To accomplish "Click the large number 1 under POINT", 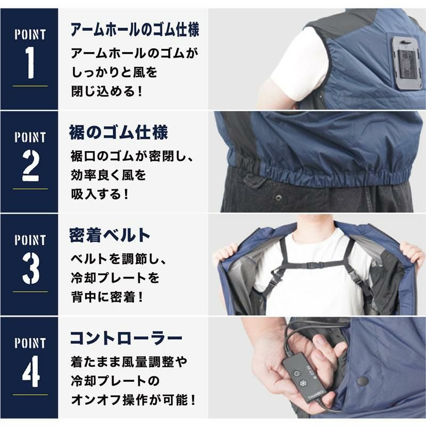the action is [30, 62].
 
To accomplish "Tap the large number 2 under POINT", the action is [30, 166].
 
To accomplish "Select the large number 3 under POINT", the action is [30, 268].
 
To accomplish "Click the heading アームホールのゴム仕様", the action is [135, 30].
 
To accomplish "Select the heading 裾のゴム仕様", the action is [118, 132].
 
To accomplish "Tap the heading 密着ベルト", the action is [110, 235].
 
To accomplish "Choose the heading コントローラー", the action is [126, 338].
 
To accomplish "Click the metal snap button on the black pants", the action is [278, 198].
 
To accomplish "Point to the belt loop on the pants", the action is [253, 181].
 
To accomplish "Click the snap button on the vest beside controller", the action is [363, 381].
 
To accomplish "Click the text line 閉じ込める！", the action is [107, 92].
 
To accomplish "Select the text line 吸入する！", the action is [100, 194].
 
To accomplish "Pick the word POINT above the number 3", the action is [30, 240].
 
